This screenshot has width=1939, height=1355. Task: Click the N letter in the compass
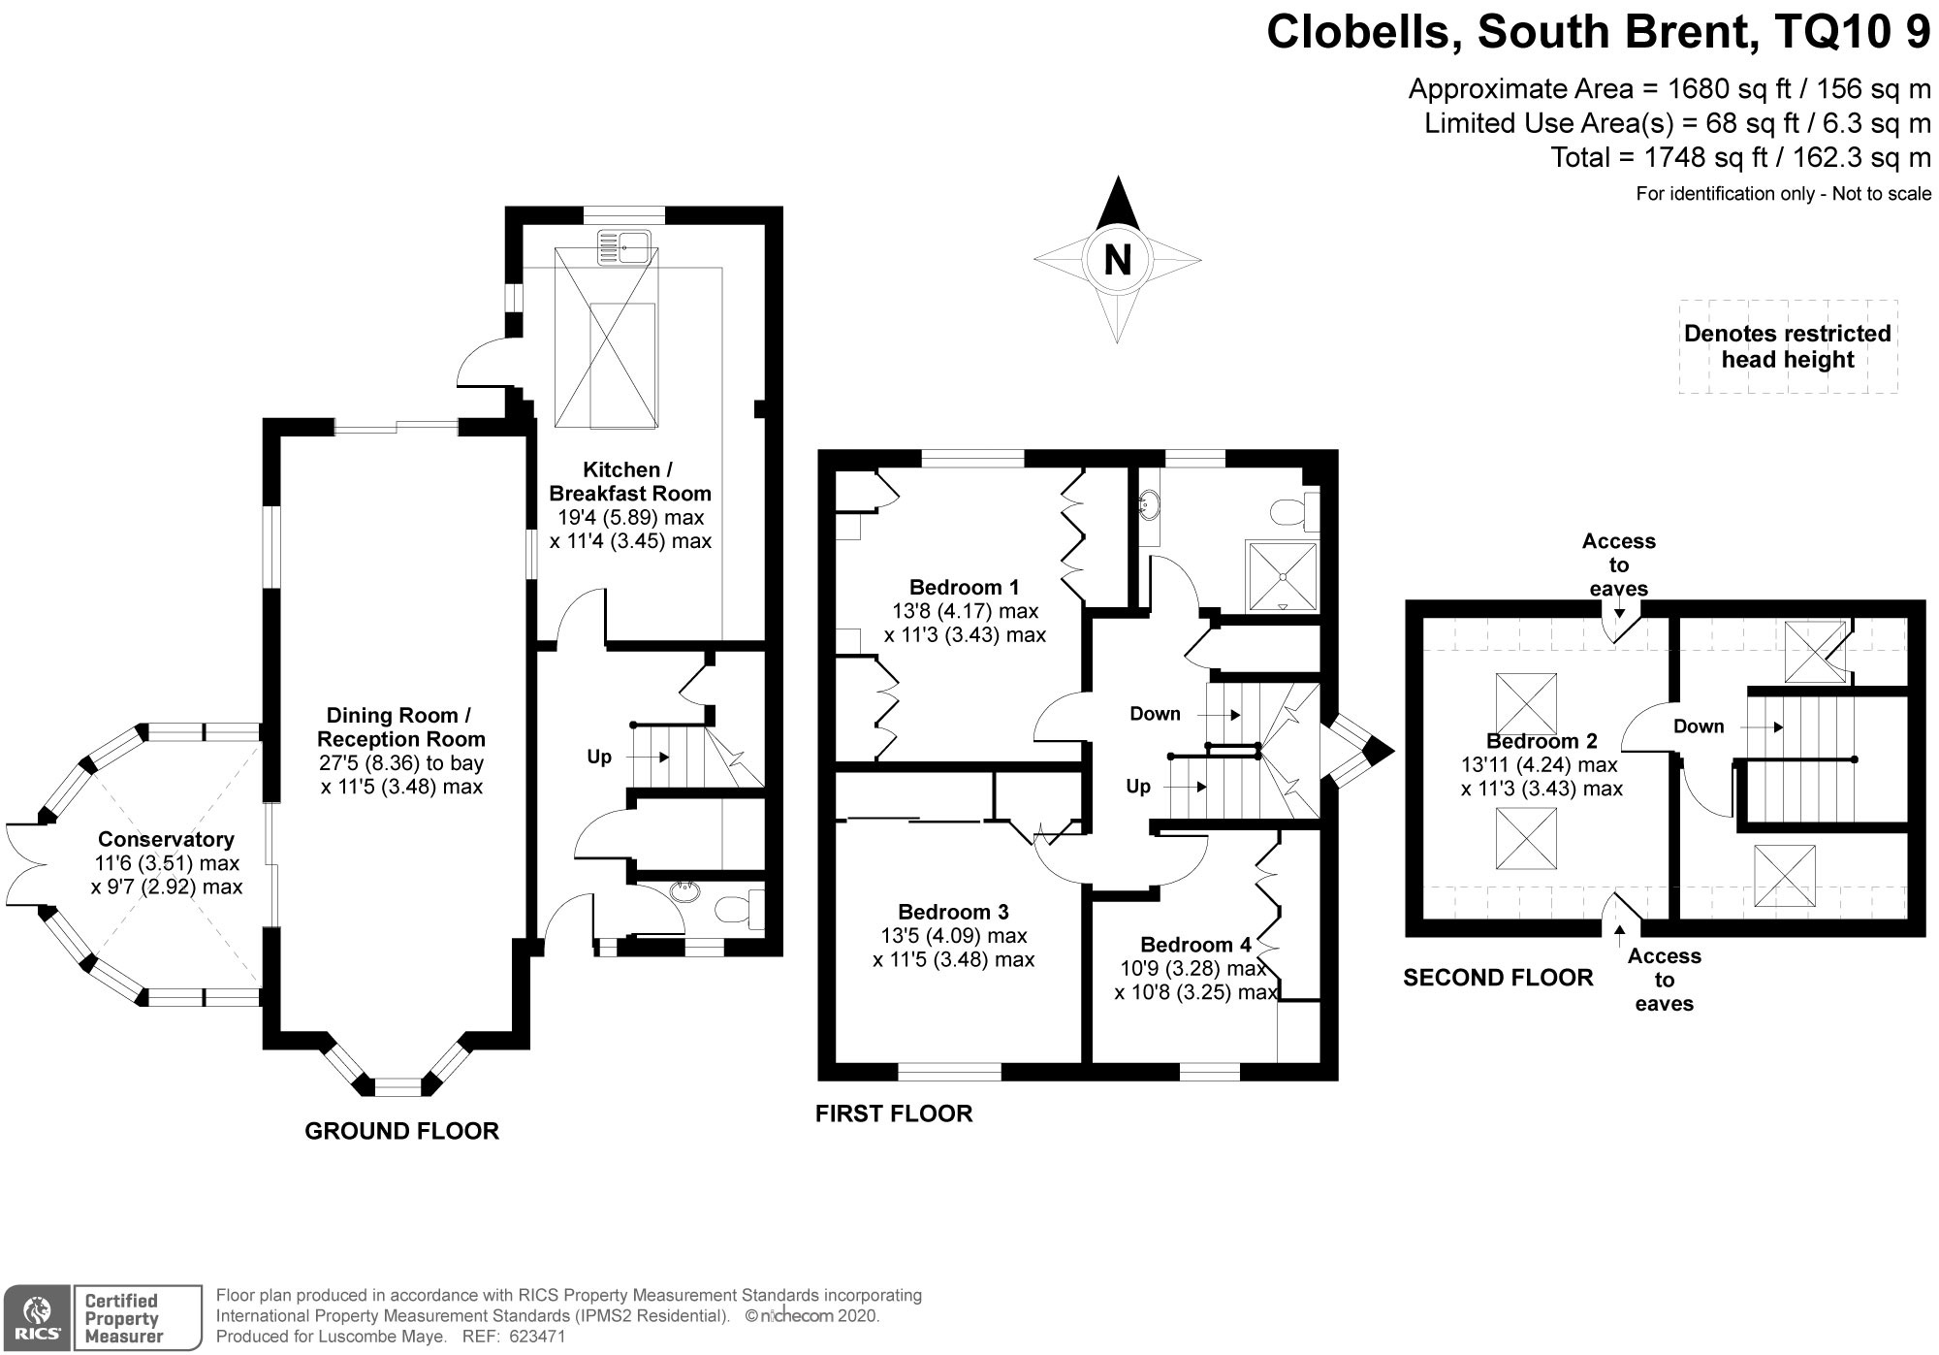pyautogui.click(x=1117, y=260)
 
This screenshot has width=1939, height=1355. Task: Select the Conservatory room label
pyautogui.click(x=166, y=840)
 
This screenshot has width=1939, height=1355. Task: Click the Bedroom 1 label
pyautogui.click(x=964, y=587)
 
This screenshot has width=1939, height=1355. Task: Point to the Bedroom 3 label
pyautogui.click(x=953, y=912)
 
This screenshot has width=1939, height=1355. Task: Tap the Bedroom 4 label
pyautogui.click(x=1195, y=945)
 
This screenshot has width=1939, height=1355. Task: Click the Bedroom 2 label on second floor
pyautogui.click(x=1542, y=742)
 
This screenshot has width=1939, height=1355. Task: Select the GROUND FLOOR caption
pyautogui.click(x=401, y=1131)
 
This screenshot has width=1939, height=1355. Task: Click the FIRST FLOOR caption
pyautogui.click(x=893, y=1113)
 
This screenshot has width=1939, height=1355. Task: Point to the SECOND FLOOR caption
pyautogui.click(x=1498, y=978)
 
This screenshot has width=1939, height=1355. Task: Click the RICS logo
pyautogui.click(x=36, y=1318)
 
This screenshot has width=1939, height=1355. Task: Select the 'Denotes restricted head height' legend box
pyautogui.click(x=1788, y=346)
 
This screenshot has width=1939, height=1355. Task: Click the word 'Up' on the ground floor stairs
pyautogui.click(x=599, y=757)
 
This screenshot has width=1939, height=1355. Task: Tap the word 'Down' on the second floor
pyautogui.click(x=1699, y=726)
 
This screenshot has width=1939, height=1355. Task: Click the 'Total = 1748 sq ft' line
pyautogui.click(x=1740, y=157)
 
